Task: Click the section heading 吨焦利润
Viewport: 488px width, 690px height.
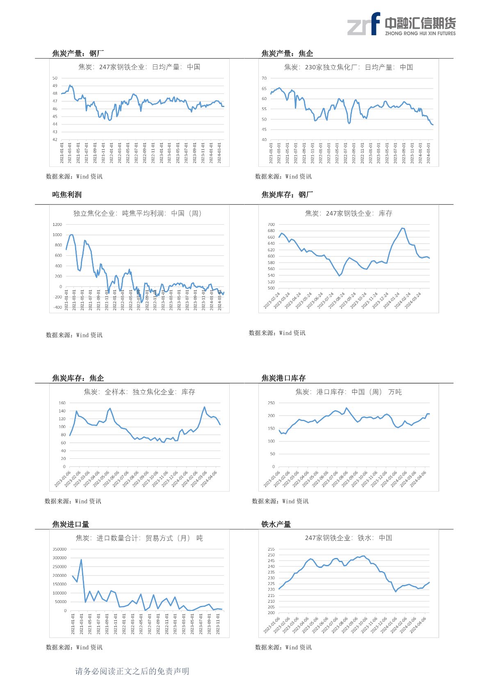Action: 67,195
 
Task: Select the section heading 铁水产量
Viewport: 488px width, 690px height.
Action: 276,524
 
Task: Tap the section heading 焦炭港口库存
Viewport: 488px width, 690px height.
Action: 283,378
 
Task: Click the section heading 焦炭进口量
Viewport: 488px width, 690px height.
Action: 71,524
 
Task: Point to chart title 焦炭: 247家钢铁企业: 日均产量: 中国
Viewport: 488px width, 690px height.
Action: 139,67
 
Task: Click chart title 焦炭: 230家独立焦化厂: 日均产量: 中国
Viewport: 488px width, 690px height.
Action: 348,67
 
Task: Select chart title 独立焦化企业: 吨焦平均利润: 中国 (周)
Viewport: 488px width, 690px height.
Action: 138,213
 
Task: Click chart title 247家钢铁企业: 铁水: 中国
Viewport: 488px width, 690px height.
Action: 348,537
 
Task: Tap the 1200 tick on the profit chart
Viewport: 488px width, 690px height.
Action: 57,225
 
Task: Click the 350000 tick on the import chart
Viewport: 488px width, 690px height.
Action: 59,549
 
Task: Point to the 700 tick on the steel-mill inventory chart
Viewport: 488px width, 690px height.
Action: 271,225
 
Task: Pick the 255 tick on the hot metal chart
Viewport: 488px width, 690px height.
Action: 271,549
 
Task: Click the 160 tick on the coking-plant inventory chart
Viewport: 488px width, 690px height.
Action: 62,403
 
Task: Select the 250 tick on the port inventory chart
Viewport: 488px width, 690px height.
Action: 271,403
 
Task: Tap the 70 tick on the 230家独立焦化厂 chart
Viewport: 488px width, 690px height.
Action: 264,78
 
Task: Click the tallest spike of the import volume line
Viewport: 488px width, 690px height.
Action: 81,559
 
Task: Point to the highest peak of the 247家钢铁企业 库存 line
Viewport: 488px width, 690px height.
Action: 402,228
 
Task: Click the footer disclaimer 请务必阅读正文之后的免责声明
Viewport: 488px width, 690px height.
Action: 132,671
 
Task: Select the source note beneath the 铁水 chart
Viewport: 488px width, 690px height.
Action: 283,647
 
